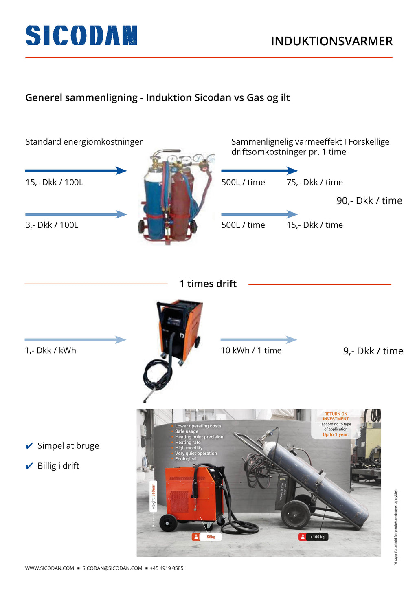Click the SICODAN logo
pos(81,35)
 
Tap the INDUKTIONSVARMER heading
pos(331,41)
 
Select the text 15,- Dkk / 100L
pos(54,182)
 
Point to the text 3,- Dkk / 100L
pos(52,225)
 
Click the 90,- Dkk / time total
pos(369,200)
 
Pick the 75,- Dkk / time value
pos(314,182)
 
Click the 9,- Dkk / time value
pos(373,351)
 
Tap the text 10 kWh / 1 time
pos(251,350)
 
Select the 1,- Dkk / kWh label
pos(50,350)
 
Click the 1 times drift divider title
pos(208,284)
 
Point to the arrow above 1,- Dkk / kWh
pos(75,339)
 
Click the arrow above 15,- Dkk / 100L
pos(76,171)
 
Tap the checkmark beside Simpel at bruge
pos(29,446)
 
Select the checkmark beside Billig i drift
pos(29,466)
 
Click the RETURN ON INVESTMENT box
pos(336,424)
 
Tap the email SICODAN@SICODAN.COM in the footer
pos(112,568)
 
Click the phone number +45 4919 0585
pos(167,568)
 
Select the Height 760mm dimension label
pos(154,496)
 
